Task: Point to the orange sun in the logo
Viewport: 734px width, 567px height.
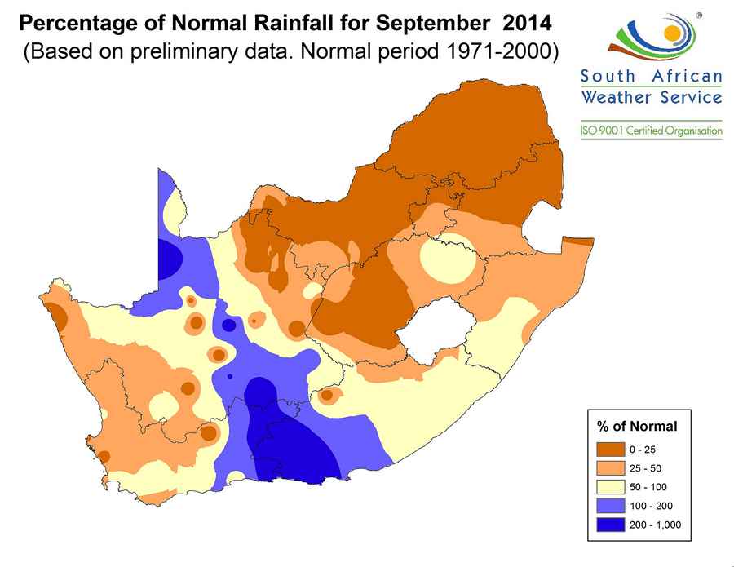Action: [671, 34]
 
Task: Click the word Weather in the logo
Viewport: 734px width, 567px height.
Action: [614, 97]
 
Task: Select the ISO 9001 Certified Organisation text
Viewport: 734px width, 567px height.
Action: [651, 131]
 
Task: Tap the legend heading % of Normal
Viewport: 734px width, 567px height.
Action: [638, 426]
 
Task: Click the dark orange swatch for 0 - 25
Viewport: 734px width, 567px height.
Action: [612, 450]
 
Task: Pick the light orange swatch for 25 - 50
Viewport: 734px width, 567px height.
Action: [612, 468]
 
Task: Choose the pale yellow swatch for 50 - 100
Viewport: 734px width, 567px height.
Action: [612, 487]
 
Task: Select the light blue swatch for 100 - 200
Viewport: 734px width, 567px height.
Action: [612, 506]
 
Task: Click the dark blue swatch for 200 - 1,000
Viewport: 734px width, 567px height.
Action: [612, 525]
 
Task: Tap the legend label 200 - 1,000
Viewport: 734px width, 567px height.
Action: [654, 525]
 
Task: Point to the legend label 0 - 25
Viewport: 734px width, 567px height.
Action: [643, 450]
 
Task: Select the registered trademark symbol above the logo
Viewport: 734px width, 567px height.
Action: [699, 15]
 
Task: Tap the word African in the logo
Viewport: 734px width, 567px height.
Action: [687, 78]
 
